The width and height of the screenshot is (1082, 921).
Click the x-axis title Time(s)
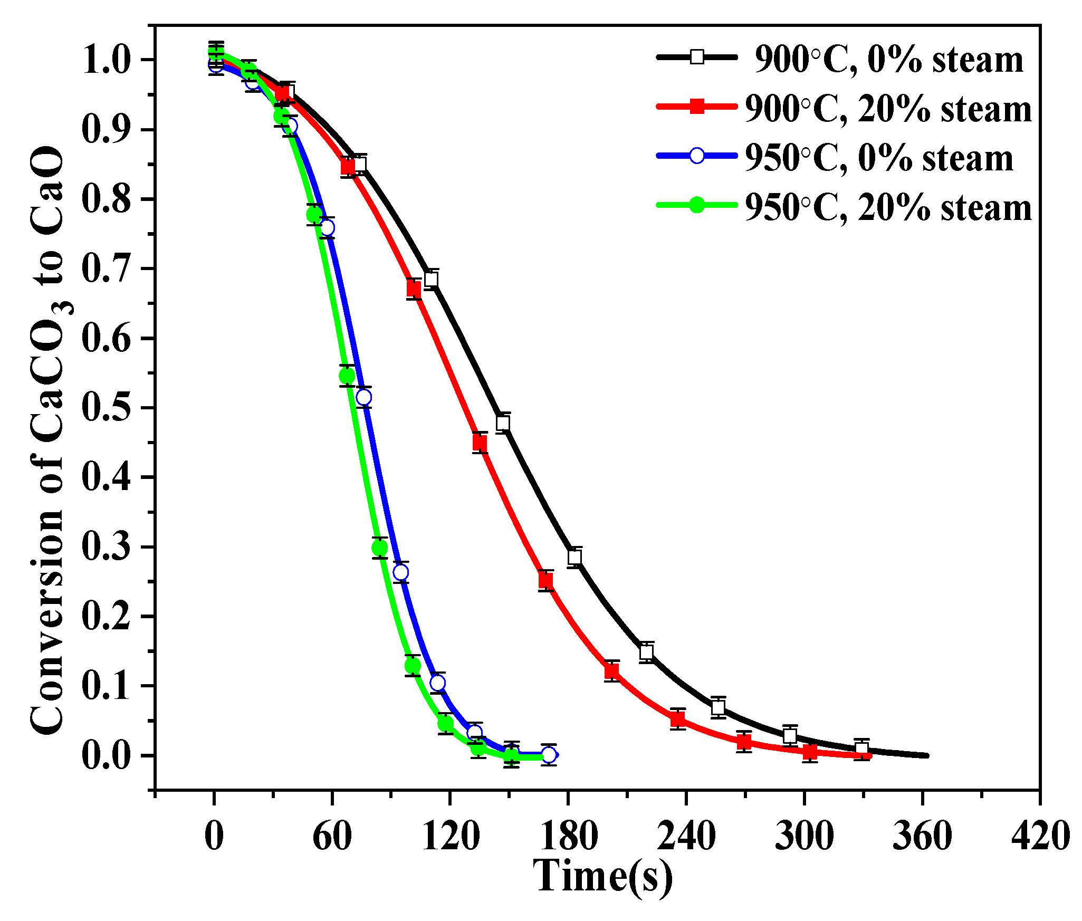point(603,876)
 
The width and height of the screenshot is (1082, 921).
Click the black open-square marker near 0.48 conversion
point(503,423)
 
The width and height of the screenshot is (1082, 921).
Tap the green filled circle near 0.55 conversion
point(347,376)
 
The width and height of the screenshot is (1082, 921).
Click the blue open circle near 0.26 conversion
point(401,572)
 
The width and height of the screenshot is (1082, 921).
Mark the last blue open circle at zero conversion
point(549,755)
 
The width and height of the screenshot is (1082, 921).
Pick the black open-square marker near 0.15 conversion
point(646,652)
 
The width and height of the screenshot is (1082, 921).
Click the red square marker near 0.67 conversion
point(414,289)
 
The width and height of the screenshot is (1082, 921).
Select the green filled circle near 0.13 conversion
point(413,666)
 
